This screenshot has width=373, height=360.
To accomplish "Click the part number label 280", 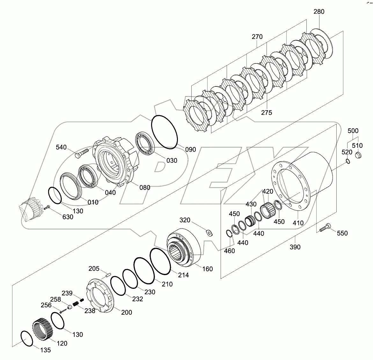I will (x=319, y=12).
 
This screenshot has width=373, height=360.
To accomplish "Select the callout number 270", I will (x=257, y=37).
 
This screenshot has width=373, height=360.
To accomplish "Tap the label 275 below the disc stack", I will (x=266, y=113).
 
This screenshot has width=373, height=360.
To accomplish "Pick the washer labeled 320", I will (x=209, y=232).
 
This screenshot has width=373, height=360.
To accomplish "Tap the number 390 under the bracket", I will (x=295, y=247).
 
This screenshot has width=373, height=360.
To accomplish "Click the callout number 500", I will (x=353, y=131).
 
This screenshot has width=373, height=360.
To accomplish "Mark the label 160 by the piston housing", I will (x=207, y=269).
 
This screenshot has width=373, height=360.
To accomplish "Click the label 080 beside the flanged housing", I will (x=145, y=187).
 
